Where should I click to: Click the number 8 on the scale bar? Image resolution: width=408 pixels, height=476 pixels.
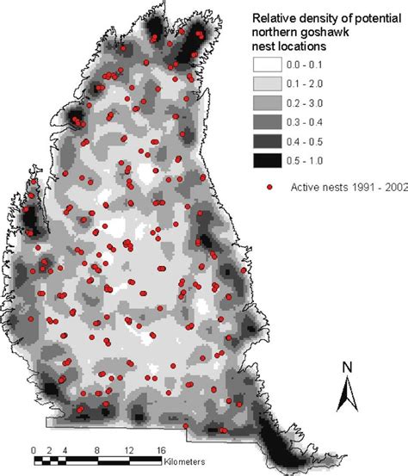tap(96, 449)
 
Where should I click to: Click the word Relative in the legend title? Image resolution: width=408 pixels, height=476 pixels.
tap(273, 17)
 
